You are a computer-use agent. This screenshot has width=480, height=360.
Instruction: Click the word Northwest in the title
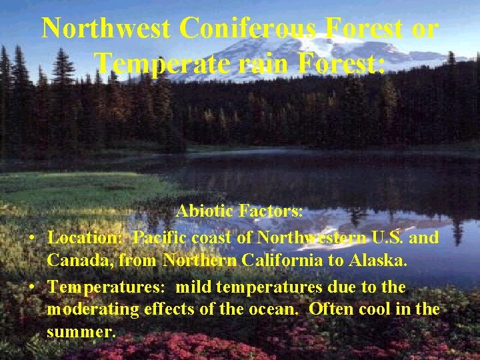pos(107,29)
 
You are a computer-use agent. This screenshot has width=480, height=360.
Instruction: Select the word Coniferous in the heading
pos(251,29)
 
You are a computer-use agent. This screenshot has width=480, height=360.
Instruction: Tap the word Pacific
pos(162,237)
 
